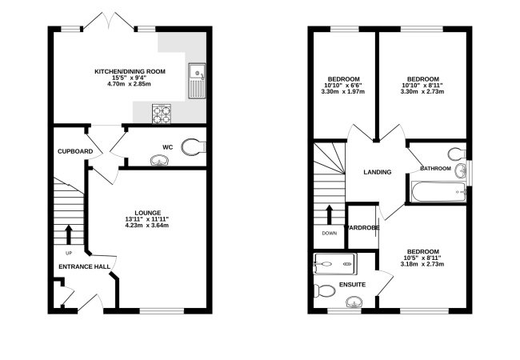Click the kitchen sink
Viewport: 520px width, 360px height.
pos(196,81)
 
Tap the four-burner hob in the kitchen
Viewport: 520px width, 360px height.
pos(162,114)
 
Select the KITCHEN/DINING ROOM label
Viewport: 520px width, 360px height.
pos(130,71)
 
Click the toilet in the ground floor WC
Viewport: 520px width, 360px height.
pos(193,146)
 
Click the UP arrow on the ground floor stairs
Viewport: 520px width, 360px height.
pos(68,234)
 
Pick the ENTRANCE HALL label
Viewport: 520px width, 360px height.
pos(83,266)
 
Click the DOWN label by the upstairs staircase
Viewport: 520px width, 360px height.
pos(330,234)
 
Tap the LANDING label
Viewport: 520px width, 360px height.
pos(377,172)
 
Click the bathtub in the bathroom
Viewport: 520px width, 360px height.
pos(438,192)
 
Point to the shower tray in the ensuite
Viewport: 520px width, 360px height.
pos(334,262)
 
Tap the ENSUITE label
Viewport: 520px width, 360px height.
pos(353,284)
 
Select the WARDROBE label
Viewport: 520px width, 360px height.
pos(362,228)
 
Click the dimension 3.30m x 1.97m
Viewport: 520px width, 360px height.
pos(342,92)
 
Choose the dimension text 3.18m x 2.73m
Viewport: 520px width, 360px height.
pos(422,263)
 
